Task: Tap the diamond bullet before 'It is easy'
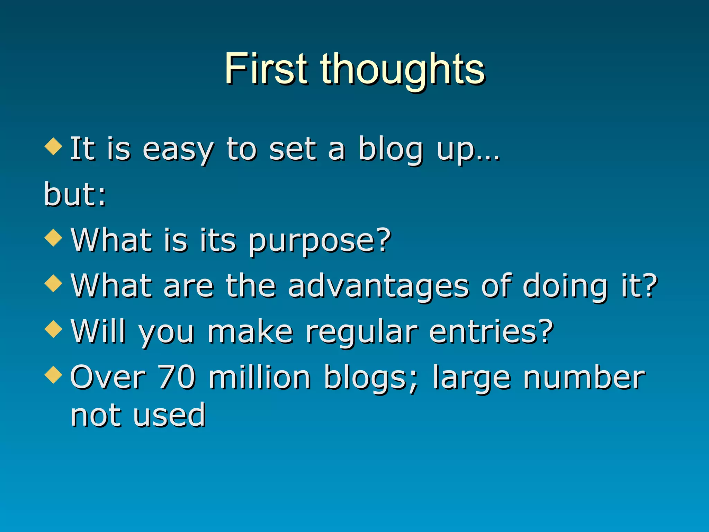[53, 146]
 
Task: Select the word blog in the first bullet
[391, 150]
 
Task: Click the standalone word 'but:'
[75, 195]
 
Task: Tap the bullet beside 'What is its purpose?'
[53, 238]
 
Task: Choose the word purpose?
[320, 241]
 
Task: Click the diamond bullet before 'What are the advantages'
[53, 284]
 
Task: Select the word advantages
[378, 286]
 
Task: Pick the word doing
[565, 286]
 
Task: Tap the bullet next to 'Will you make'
[53, 329]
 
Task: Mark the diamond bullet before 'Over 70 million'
[53, 375]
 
